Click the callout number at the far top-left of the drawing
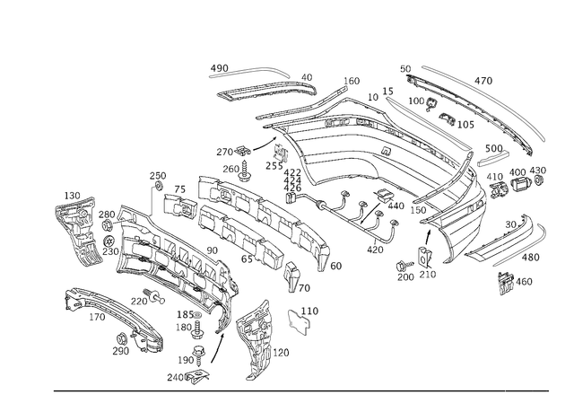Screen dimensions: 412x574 [219, 66]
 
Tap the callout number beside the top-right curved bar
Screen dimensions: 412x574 [485, 81]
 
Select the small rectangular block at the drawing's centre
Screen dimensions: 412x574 [292, 180]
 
